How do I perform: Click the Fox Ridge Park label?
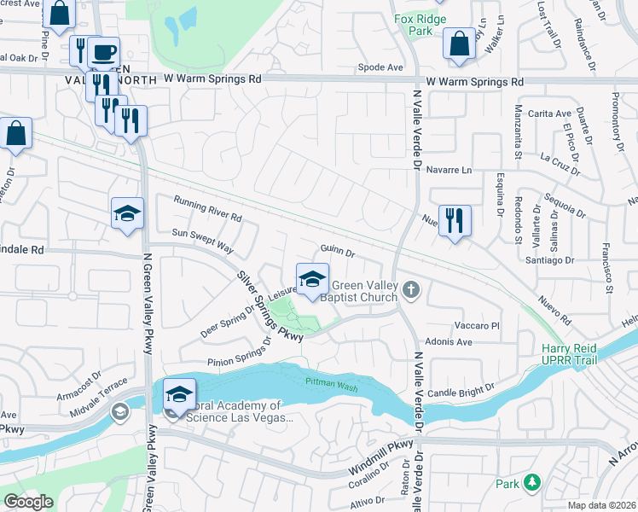click(x=421, y=25)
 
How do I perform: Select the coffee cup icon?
click(x=103, y=52)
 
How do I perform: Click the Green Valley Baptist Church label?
click(x=364, y=292)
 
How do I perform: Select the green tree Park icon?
click(x=533, y=483)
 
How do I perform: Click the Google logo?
click(x=28, y=502)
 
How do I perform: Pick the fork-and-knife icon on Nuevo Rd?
click(x=454, y=220)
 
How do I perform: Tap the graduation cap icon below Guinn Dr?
click(x=312, y=278)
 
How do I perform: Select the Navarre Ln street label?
click(x=449, y=170)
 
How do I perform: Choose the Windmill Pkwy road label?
click(x=381, y=459)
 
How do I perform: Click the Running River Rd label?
click(x=207, y=209)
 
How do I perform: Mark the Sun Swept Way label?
click(x=202, y=239)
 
